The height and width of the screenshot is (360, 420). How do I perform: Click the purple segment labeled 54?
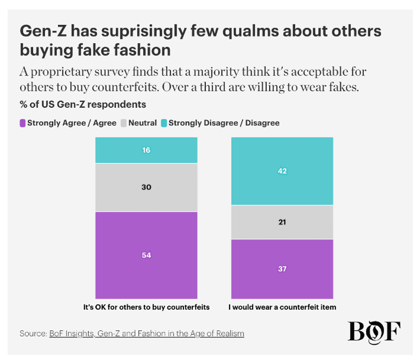tap(146, 255)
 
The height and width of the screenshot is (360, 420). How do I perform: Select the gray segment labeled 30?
tap(146, 187)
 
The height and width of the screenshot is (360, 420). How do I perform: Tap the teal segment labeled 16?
tap(146, 150)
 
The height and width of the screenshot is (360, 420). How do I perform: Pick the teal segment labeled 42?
tap(282, 171)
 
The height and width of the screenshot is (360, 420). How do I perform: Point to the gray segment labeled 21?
tap(282, 222)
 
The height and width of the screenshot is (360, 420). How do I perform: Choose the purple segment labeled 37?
tap(282, 269)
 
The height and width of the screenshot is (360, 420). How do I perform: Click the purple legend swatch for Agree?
tap(22, 123)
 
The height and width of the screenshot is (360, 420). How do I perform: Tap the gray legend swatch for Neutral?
tap(124, 123)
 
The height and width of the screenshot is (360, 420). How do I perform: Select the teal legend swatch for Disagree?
tap(164, 123)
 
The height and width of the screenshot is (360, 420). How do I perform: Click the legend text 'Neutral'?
tap(143, 123)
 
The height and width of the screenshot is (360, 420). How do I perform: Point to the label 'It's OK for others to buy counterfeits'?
tap(146, 307)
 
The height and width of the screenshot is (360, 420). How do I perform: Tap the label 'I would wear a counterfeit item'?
tap(282, 307)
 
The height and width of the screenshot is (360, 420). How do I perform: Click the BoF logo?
tap(374, 332)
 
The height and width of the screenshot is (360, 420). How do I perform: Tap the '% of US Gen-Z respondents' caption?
tap(83, 105)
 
